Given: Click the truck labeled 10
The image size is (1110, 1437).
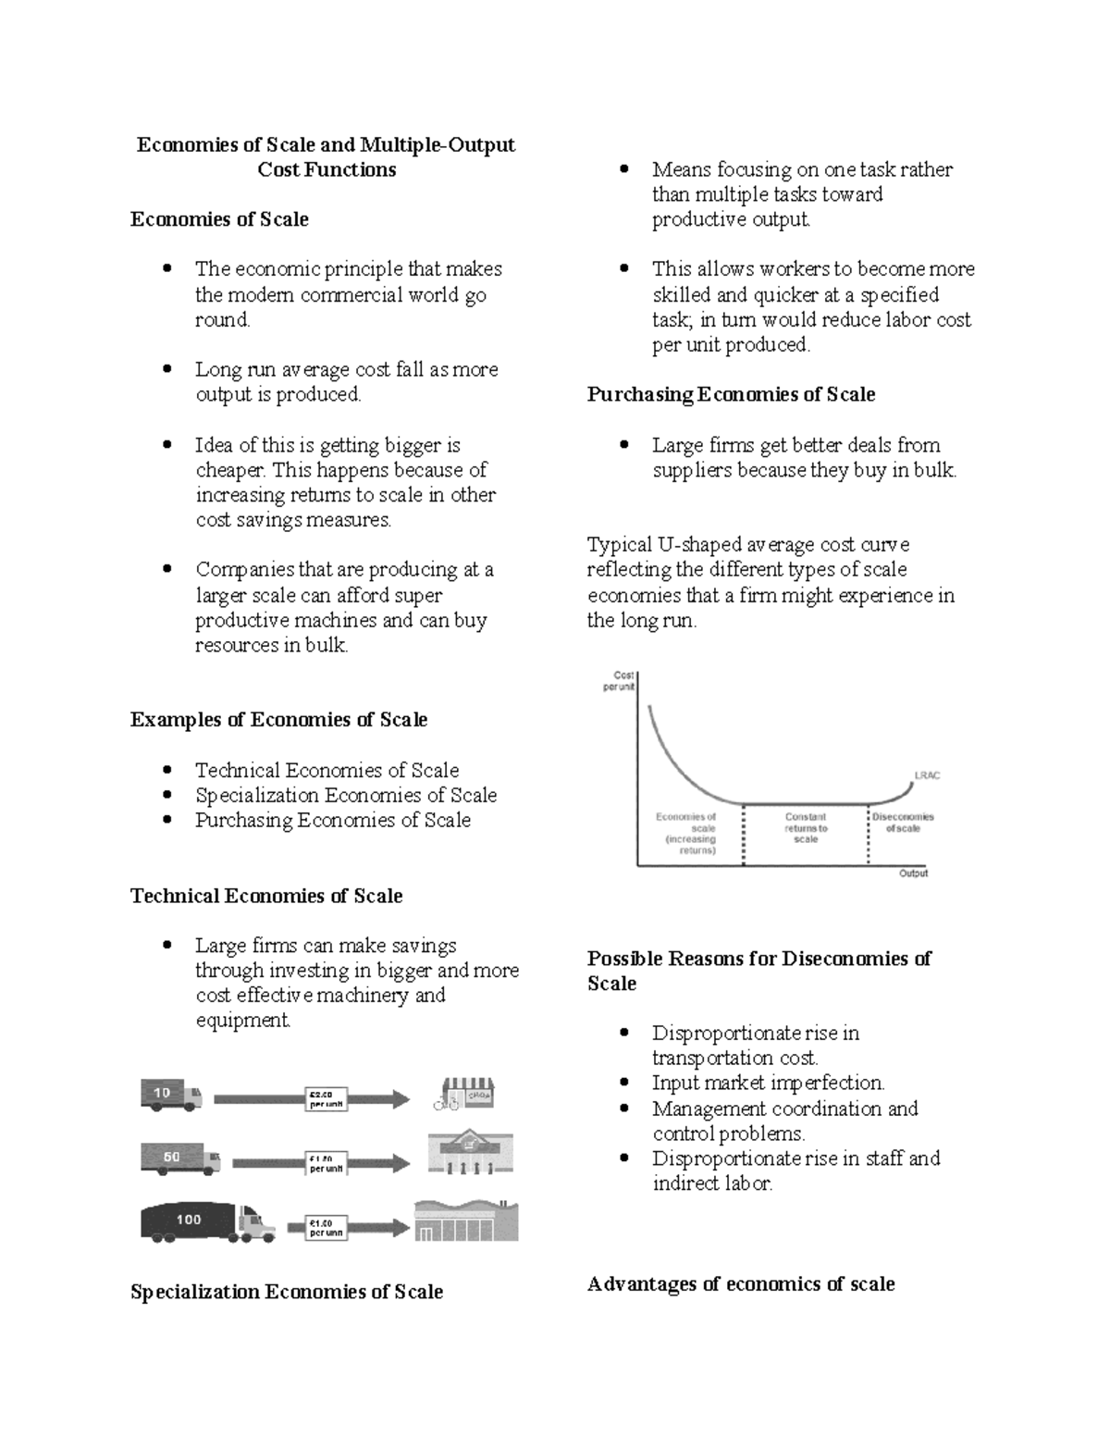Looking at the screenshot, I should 171,1095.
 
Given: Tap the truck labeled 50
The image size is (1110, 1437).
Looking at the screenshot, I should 179,1158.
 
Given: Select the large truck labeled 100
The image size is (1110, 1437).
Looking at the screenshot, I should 207,1221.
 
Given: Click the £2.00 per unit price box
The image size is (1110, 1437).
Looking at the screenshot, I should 327,1098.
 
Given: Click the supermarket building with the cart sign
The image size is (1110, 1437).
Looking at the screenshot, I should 470,1153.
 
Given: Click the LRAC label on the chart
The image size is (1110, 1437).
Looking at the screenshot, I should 926,775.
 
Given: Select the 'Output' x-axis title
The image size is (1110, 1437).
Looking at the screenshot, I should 913,873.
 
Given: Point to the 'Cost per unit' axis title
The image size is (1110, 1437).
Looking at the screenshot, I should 619,681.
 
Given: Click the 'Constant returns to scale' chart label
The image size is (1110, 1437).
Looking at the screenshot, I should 806,827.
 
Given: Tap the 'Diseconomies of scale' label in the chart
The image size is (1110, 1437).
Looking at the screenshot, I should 903,823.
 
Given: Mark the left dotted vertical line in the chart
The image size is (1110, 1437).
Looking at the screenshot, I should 744,837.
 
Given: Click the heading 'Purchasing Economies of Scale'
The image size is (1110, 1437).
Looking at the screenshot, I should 731,394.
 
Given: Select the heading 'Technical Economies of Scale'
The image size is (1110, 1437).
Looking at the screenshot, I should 266,896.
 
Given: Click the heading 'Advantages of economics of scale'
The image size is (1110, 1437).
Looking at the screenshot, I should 740,1283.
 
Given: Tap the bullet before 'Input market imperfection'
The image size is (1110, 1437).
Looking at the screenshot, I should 626,1082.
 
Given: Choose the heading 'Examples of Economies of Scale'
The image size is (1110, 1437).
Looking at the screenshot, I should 278,720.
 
